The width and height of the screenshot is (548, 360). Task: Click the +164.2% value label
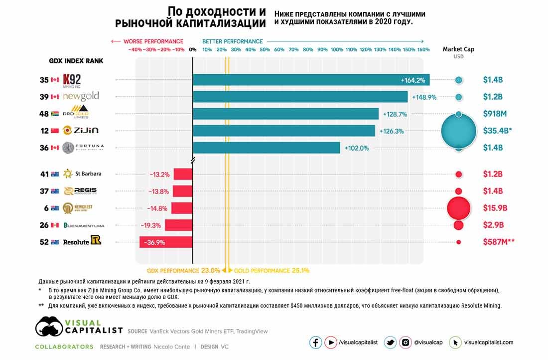[x=412, y=80]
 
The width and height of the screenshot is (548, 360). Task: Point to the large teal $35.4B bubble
[x=458, y=131]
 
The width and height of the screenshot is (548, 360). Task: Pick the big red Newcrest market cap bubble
[x=458, y=208]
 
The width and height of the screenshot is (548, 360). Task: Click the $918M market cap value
[x=495, y=114]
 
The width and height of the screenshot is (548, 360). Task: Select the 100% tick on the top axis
[x=337, y=50]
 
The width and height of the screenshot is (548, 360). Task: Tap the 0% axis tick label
[x=193, y=50]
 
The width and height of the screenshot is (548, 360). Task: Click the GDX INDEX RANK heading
[x=76, y=61]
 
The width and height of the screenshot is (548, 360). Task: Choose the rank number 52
[x=44, y=242]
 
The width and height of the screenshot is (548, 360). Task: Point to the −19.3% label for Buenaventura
[x=150, y=225]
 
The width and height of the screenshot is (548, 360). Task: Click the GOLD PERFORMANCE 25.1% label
[x=272, y=271]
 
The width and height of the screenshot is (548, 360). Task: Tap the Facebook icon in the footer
[x=315, y=343]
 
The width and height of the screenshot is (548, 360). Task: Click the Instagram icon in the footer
[x=406, y=343]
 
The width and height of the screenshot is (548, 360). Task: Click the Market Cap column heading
[x=458, y=49]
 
